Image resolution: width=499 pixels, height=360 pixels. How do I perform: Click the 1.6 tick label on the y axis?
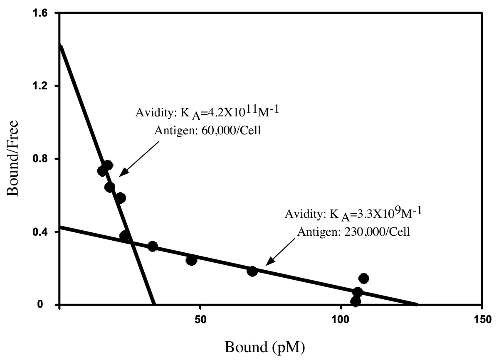pyautogui.click(x=41, y=13)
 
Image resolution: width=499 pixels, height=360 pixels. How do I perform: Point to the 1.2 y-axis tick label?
pyautogui.click(x=41, y=86)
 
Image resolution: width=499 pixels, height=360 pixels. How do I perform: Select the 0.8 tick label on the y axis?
pyautogui.click(x=41, y=159)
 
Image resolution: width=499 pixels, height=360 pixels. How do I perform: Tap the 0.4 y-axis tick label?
pyautogui.click(x=41, y=232)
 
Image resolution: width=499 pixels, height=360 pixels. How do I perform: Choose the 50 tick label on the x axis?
pyautogui.click(x=200, y=320)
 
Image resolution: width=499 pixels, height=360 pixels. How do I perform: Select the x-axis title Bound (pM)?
pyautogui.click(x=264, y=347)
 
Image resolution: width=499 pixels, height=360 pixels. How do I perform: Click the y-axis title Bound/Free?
pyautogui.click(x=12, y=158)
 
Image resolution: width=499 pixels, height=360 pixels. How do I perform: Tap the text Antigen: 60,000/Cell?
pyautogui.click(x=208, y=131)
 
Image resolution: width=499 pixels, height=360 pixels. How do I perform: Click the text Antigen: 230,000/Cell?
pyautogui.click(x=354, y=232)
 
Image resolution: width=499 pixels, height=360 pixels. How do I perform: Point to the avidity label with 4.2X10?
pyautogui.click(x=207, y=113)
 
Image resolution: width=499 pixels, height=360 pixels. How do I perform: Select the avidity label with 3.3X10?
pyautogui.click(x=353, y=214)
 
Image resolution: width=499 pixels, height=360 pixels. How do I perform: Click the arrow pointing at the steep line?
pyautogui.click(x=139, y=159)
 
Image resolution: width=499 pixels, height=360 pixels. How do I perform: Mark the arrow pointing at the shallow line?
pyautogui.click(x=280, y=252)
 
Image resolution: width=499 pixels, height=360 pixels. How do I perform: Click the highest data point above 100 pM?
pyautogui.click(x=364, y=278)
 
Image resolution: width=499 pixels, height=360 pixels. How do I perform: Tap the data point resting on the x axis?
pyautogui.click(x=356, y=302)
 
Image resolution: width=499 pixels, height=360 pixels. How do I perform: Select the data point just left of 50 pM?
pyautogui.click(x=191, y=261)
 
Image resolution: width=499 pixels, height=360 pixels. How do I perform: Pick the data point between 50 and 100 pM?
pyautogui.click(x=252, y=271)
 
